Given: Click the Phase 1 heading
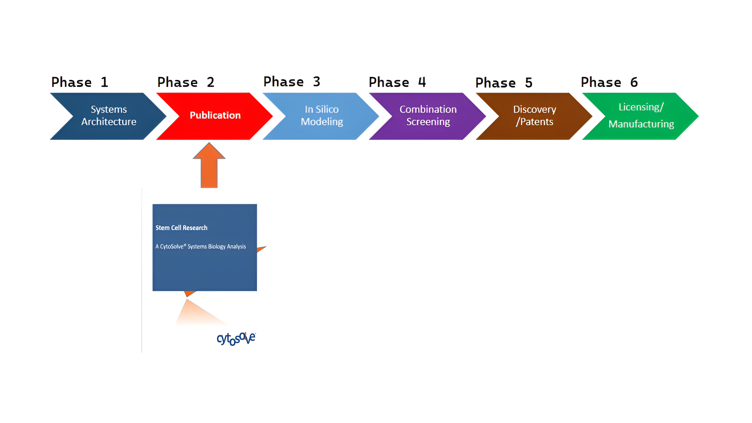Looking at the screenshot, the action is [80, 82].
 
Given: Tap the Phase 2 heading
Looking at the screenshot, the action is [186, 82].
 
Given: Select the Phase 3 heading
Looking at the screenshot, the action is [292, 81].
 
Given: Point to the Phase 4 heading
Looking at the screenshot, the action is [397, 82].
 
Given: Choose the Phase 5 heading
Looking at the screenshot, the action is [504, 83].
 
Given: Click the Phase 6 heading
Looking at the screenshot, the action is [609, 82].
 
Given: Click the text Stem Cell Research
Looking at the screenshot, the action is [181, 228].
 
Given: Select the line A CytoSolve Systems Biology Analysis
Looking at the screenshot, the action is [201, 246].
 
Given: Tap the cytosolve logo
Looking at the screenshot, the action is [236, 338].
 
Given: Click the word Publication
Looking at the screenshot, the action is [215, 115].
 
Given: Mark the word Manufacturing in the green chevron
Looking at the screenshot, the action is [641, 124].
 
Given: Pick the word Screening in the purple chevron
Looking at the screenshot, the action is [428, 122].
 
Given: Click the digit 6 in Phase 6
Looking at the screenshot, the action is [634, 82].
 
